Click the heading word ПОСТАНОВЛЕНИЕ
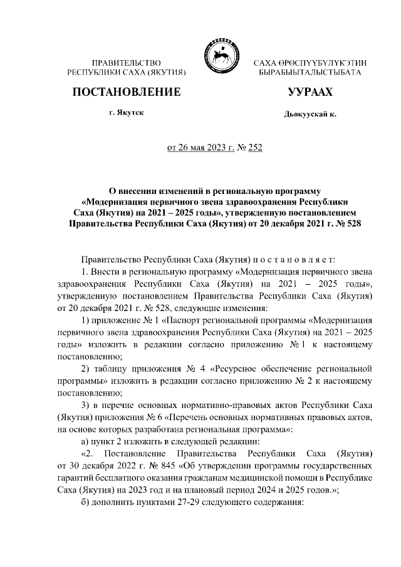click(x=127, y=93)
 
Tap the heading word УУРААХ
click(x=310, y=93)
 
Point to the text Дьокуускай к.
click(x=310, y=115)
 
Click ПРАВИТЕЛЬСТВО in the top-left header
click(x=127, y=64)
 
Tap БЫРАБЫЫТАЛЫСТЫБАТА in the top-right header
click(x=310, y=73)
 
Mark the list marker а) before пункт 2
click(x=86, y=441)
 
